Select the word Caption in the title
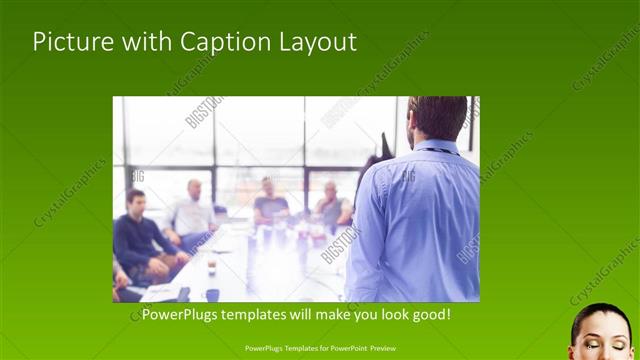(x=218, y=42)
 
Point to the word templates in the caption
(x=258, y=315)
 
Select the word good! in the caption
(x=430, y=315)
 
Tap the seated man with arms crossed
(x=331, y=207)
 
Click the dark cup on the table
(x=212, y=294)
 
